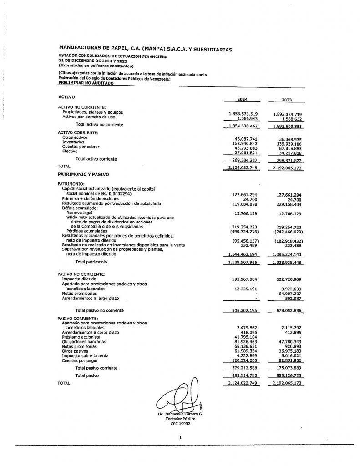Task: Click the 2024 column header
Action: (242, 100)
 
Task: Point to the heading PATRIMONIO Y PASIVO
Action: (83, 174)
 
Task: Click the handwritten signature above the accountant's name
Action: (180, 396)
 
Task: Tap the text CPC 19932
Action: (180, 423)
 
